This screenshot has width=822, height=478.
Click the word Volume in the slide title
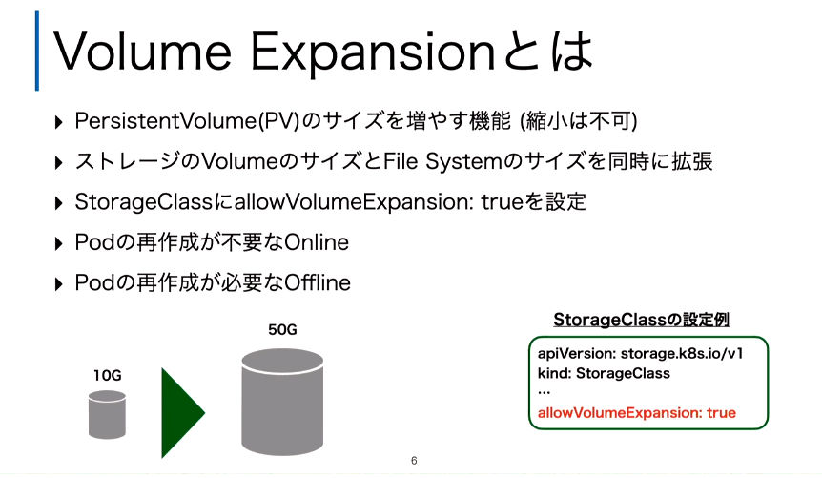tap(142, 51)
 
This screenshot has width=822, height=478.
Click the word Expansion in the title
tap(373, 54)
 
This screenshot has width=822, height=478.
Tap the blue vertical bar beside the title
tap(37, 51)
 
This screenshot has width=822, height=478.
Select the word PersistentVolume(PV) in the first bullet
tap(187, 121)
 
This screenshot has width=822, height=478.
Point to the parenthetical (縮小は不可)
tap(578, 121)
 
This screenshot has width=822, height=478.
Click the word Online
tap(316, 242)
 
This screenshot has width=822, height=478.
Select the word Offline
tap(318, 282)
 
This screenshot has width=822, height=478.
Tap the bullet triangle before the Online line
tap(59, 243)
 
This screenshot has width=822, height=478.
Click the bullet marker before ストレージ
tap(59, 162)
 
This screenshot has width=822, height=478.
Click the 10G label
tap(108, 376)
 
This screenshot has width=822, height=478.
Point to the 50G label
tap(282, 329)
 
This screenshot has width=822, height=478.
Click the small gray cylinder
tap(107, 414)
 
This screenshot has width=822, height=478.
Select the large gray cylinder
tap(282, 402)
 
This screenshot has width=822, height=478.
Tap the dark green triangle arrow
tap(182, 413)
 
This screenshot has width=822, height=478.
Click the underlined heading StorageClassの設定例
tap(641, 320)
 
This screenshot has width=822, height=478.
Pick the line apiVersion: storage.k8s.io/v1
tap(640, 354)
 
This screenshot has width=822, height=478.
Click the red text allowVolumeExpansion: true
tap(636, 413)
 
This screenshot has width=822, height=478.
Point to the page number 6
tap(414, 461)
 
